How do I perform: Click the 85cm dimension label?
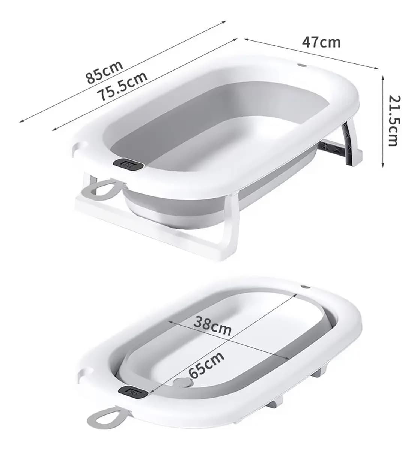pyautogui.click(x=104, y=72)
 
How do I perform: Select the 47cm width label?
pyautogui.click(x=321, y=42)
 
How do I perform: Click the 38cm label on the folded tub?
pyautogui.click(x=212, y=327)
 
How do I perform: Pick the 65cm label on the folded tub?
pyautogui.click(x=206, y=365)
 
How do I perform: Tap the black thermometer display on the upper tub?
pyautogui.click(x=128, y=164)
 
